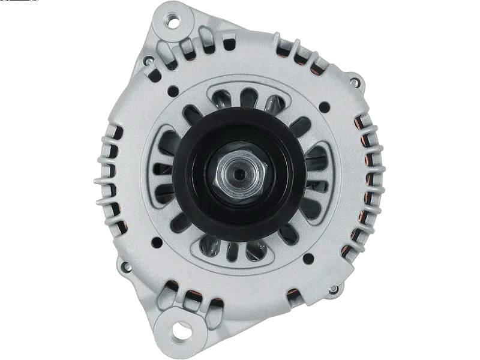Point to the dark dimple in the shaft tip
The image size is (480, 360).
(x=239, y=174)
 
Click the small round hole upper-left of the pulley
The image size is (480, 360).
(x=172, y=91)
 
